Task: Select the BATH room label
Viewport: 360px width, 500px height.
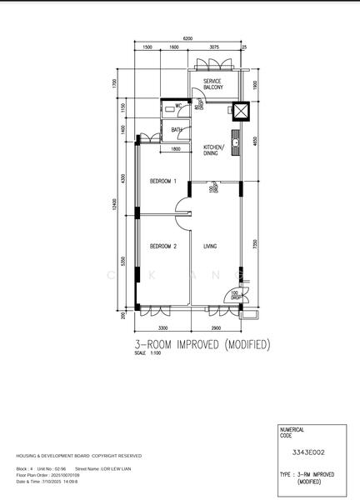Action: (177, 130)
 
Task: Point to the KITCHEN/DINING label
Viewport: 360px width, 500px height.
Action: (215, 151)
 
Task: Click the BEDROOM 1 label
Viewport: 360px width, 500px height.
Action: (163, 181)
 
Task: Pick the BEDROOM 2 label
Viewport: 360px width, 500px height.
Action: (163, 246)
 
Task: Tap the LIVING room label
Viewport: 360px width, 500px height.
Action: (211, 246)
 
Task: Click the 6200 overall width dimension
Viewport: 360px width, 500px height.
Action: (188, 39)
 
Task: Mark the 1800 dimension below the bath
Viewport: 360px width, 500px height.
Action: (176, 148)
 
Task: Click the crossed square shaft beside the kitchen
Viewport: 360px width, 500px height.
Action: (240, 111)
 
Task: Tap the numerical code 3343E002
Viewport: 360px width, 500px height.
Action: (308, 452)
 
